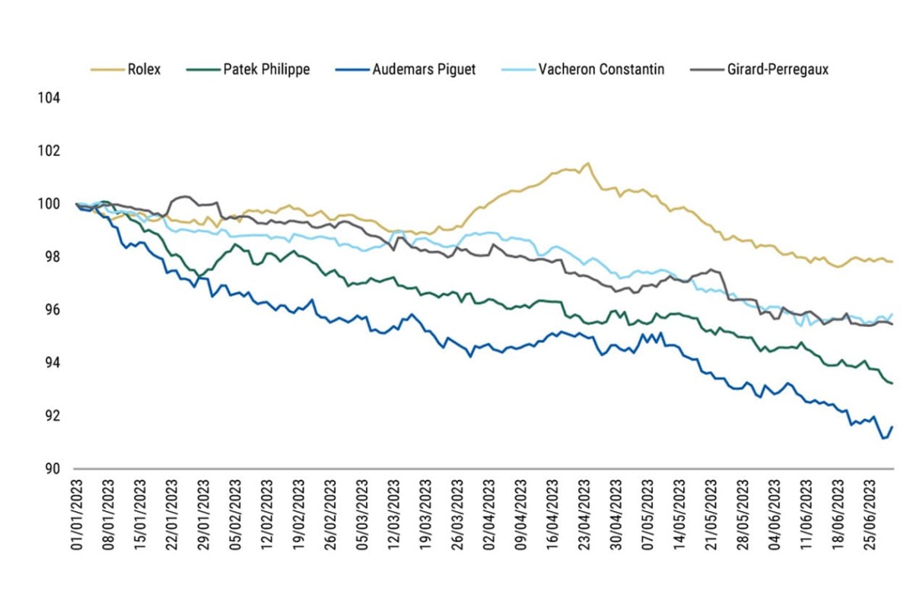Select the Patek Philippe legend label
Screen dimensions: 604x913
[x=266, y=69]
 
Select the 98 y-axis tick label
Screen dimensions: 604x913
[x=52, y=257]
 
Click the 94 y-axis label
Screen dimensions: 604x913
[x=52, y=363]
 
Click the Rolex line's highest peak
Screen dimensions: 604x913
[x=587, y=163]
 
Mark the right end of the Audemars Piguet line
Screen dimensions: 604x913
[x=892, y=428]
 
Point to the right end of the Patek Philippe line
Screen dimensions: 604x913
[x=892, y=383]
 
